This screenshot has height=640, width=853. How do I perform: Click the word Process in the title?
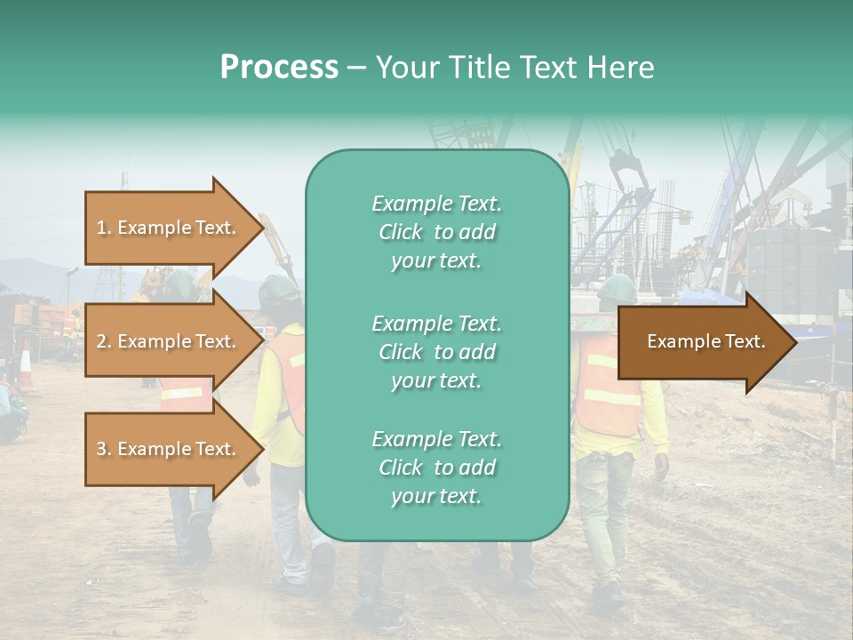point(279,68)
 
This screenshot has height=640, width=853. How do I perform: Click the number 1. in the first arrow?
point(104,228)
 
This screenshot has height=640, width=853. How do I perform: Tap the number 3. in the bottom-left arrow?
point(104,449)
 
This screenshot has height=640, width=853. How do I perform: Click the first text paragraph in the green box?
point(436,232)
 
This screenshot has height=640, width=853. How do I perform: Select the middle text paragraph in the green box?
point(436,352)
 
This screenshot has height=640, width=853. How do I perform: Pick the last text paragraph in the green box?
point(436,468)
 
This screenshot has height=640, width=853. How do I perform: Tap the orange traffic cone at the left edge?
point(26,366)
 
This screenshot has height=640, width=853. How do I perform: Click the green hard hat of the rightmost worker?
point(617,287)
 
